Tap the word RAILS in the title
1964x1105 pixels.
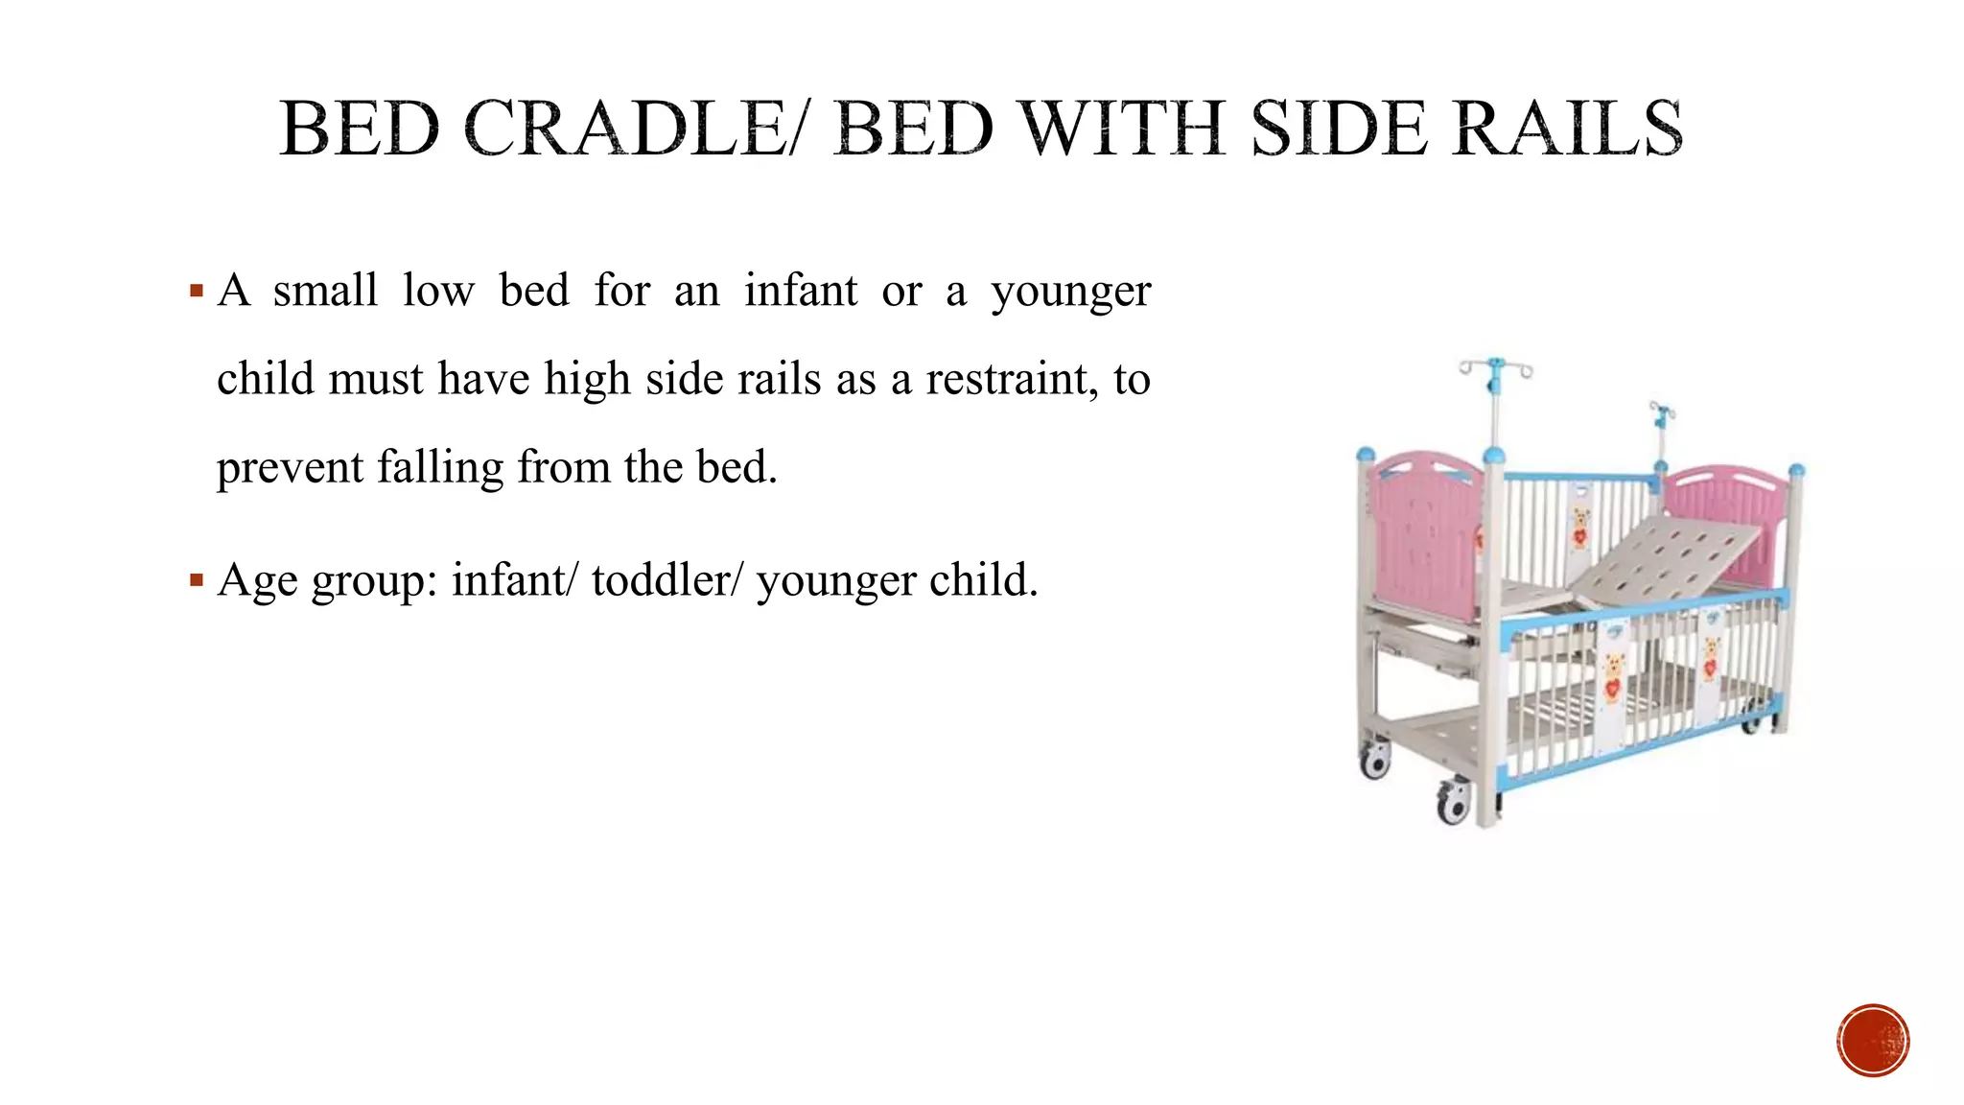coord(1567,129)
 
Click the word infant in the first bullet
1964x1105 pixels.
coord(801,290)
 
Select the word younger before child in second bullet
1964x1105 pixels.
coord(835,580)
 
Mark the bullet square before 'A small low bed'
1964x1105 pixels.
coord(197,291)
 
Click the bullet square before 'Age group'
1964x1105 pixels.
coord(197,580)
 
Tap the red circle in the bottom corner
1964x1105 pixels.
coord(1873,1041)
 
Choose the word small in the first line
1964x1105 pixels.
coord(325,290)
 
